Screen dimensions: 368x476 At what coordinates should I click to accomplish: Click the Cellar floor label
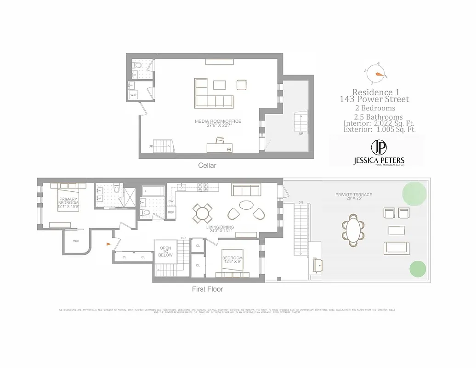tap(207, 165)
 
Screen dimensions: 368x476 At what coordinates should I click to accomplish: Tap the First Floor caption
tap(207, 289)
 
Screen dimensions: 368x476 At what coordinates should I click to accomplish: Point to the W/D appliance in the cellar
tap(134, 95)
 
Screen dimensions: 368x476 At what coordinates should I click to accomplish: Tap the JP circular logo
tap(379, 148)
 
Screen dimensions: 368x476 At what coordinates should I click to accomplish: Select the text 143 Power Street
tap(374, 99)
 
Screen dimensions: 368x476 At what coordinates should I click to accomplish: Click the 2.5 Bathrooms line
tap(378, 117)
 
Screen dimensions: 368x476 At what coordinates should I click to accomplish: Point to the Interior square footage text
tap(380, 123)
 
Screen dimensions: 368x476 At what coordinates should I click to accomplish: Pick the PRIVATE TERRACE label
tap(353, 195)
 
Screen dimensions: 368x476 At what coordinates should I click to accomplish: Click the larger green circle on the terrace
tap(414, 194)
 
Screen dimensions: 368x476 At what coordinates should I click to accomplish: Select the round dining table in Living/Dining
tap(202, 213)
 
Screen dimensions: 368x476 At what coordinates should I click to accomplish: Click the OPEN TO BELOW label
tap(165, 252)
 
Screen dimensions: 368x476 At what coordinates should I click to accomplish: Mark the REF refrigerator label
tap(170, 212)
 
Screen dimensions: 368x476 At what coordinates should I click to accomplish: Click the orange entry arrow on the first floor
tap(108, 244)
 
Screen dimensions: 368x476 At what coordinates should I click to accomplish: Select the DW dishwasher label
tap(170, 201)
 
